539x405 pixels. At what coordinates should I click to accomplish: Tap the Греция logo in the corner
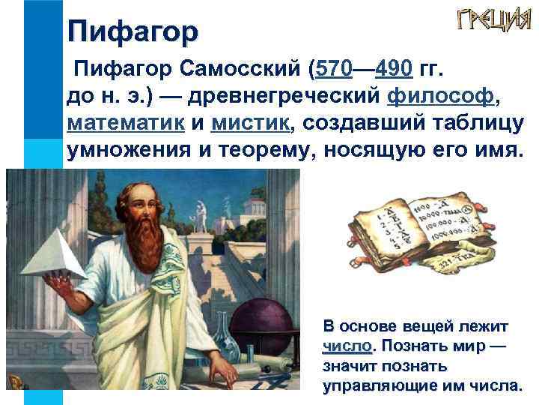pyautogui.click(x=489, y=22)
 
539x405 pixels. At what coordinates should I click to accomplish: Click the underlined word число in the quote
pyautogui.click(x=346, y=348)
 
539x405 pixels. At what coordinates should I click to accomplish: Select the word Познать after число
pyautogui.click(x=407, y=348)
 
